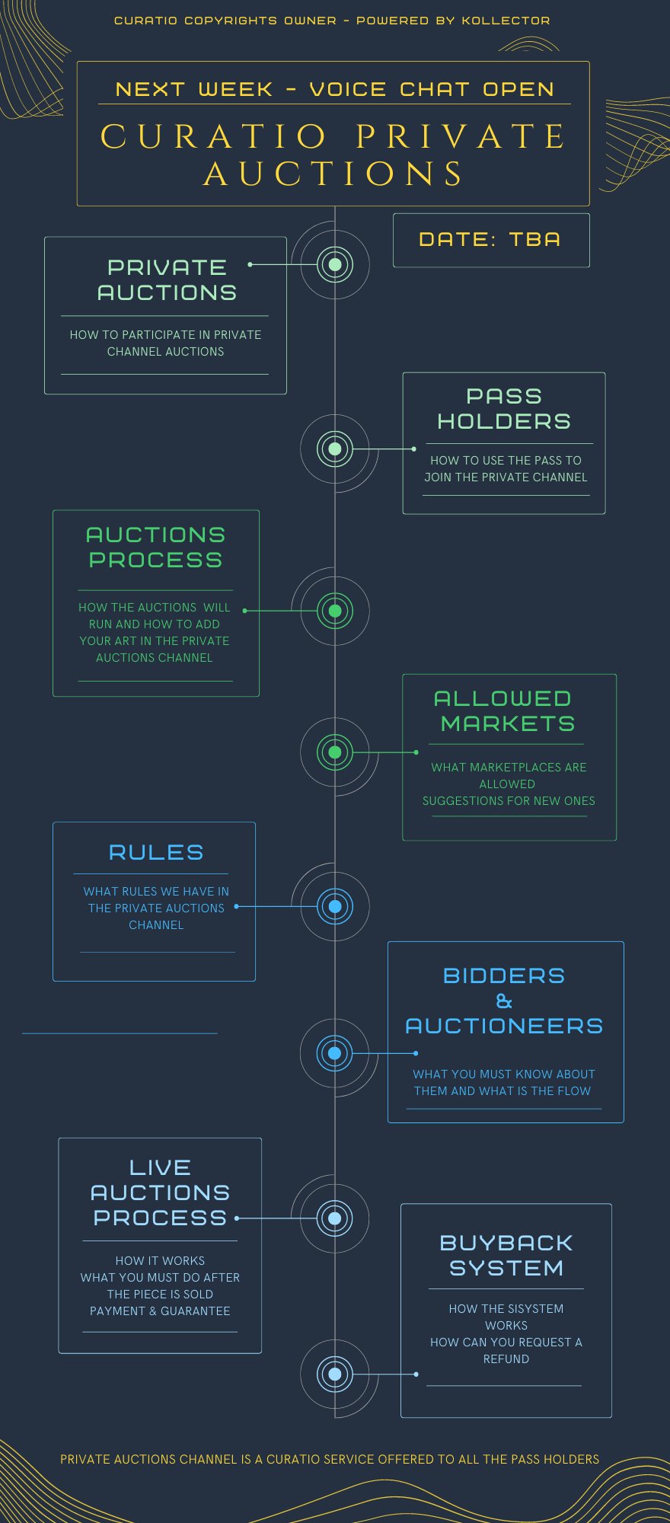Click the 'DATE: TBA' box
pos(490,240)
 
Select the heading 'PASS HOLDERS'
pos(504,409)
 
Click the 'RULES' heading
pos(156,852)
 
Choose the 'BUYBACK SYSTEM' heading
pos(506,1255)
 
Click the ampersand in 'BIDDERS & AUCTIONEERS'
pos(504,1001)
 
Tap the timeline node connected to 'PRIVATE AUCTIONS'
pos(334,265)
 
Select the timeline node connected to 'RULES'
pos(334,906)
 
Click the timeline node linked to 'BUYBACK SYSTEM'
pos(334,1374)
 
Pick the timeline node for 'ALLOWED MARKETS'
pos(334,752)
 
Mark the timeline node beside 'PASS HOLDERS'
pos(334,449)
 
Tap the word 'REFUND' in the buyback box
pos(506,1359)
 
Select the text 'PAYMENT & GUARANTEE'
pos(160,1311)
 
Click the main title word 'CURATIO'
pos(215,137)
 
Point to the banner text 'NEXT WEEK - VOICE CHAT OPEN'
pos(335,89)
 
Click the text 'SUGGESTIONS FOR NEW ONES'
pos(509,800)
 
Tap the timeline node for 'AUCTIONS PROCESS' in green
pos(334,611)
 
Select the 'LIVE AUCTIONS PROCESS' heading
pos(160,1193)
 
